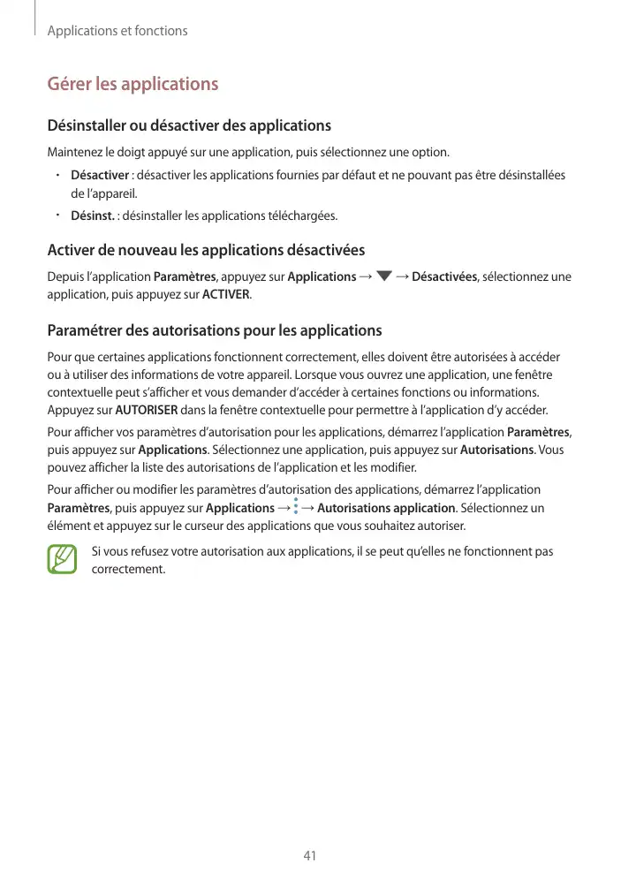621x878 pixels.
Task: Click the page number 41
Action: (310, 856)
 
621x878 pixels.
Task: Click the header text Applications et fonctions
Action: (117, 31)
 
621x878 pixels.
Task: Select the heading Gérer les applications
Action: (133, 85)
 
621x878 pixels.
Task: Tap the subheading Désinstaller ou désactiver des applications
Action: (189, 125)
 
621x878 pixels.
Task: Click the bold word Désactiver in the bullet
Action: (101, 176)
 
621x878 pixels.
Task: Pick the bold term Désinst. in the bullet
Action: (92, 216)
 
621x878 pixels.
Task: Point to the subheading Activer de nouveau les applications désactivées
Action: (206, 251)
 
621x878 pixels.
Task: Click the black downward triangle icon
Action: (382, 277)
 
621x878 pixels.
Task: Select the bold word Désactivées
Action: (444, 277)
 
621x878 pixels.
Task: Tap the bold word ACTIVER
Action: (226, 294)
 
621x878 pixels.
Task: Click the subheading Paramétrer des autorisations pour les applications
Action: (215, 331)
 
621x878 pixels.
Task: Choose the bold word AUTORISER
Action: (147, 411)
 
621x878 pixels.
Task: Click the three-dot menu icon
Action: (295, 508)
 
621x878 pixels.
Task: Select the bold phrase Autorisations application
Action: (386, 508)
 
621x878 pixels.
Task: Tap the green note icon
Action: (63, 559)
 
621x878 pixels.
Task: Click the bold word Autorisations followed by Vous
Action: (497, 450)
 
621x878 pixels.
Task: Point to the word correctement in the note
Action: (128, 568)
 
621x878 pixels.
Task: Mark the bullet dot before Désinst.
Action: (55, 214)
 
